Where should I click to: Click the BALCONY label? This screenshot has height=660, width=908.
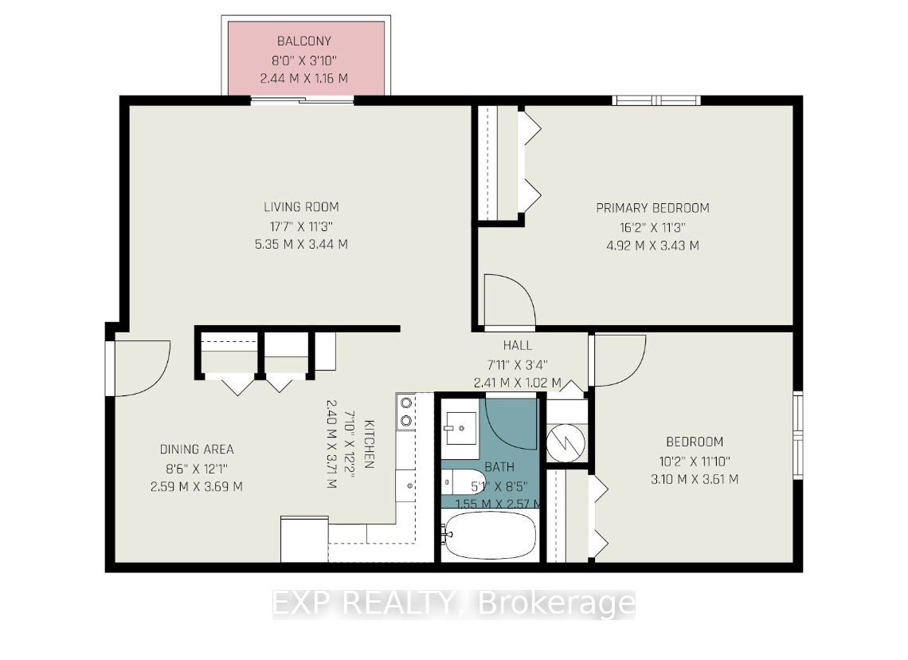(x=304, y=41)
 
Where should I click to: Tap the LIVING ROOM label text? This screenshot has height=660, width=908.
(x=301, y=207)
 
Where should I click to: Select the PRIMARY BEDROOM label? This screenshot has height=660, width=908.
(x=652, y=208)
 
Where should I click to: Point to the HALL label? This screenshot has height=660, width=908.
(x=517, y=345)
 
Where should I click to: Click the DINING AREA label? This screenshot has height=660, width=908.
(x=197, y=449)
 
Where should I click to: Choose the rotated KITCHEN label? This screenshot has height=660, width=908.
(x=369, y=444)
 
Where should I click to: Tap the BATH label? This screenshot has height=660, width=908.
(x=499, y=467)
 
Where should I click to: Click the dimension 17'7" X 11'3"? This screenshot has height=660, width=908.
(x=301, y=226)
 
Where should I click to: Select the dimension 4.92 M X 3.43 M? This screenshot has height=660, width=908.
(x=652, y=246)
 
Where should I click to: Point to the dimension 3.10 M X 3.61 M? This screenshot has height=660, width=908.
(x=695, y=479)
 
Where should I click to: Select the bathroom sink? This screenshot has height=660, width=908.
(x=460, y=428)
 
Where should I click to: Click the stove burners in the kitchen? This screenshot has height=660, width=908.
(x=406, y=411)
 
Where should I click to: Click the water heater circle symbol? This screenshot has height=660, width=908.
(x=566, y=443)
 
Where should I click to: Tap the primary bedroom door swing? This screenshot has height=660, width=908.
(x=510, y=300)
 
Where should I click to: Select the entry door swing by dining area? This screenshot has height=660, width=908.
(x=143, y=368)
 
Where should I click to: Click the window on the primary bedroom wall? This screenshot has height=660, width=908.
(x=656, y=100)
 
